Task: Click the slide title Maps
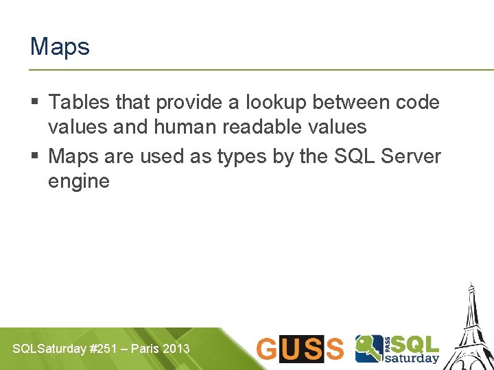(60, 47)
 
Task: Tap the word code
(418, 103)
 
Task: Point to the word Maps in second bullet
(73, 156)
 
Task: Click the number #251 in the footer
(103, 349)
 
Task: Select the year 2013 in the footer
(176, 349)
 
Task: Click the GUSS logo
(300, 349)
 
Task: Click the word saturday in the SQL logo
(411, 358)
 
